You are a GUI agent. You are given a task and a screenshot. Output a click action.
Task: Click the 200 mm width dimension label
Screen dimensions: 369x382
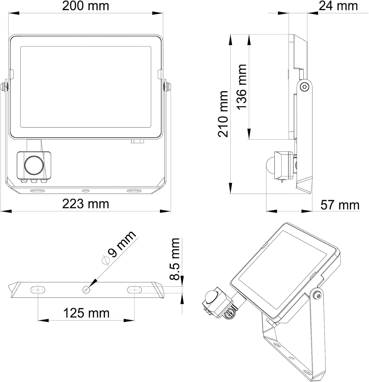[86, 6]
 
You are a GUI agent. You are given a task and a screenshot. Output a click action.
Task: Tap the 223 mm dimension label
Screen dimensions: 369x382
[86, 204]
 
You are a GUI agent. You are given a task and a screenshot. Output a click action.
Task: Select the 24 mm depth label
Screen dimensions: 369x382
[338, 6]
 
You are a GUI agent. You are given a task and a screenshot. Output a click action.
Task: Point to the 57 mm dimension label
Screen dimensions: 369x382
[340, 205]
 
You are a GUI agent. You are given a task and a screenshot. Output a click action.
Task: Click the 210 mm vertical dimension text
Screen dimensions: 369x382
[223, 114]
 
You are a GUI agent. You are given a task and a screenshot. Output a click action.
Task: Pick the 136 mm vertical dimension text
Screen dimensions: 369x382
[242, 87]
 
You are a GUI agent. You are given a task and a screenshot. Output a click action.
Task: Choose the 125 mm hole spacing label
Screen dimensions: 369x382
[86, 313]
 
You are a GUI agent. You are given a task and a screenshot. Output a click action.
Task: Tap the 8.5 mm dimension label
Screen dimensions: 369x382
[175, 259]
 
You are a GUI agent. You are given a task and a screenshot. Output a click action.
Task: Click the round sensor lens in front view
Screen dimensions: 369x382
[34, 166]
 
